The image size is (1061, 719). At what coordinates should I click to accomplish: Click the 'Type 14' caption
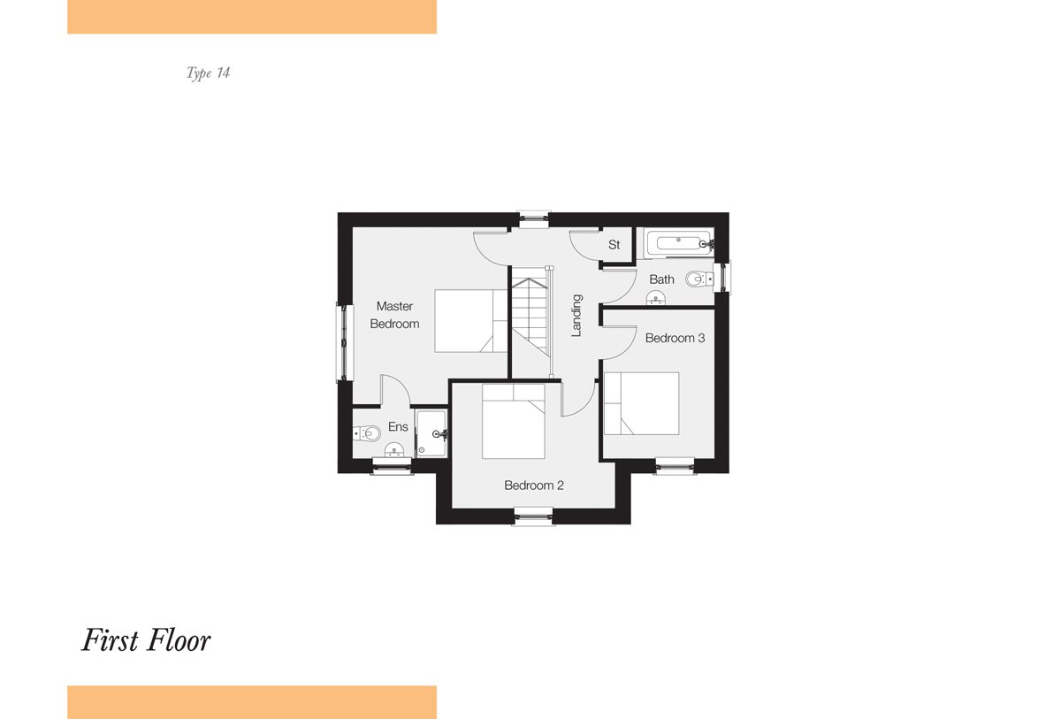pos(208,73)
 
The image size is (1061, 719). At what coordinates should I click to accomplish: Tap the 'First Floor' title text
pos(146,640)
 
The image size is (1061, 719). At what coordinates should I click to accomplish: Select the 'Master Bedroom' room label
pos(394,315)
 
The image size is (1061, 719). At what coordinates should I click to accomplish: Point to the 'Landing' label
pos(576,316)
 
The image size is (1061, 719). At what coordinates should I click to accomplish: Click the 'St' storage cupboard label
pos(614,244)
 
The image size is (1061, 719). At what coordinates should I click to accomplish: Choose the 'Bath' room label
pos(661,279)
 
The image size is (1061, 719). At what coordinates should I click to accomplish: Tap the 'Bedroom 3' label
pos(675,338)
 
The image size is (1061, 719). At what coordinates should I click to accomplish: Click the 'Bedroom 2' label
pos(534,485)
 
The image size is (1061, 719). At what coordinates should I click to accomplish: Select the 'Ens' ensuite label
pos(398,427)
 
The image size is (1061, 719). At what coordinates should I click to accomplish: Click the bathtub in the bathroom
pos(678,243)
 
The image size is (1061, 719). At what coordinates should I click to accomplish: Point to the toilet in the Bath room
pos(699,279)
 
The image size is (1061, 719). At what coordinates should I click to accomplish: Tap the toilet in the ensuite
pos(367,433)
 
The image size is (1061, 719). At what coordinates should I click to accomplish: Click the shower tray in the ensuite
pos(431,434)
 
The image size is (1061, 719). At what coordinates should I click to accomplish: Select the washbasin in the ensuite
pos(393,449)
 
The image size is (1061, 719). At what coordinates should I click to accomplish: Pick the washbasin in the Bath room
pos(656,298)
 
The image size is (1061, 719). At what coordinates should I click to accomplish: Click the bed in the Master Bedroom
pos(470,321)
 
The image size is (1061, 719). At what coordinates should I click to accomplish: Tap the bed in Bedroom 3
pos(641,403)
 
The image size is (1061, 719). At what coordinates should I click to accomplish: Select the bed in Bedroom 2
pos(514,421)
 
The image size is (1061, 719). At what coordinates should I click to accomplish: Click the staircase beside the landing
pos(530,322)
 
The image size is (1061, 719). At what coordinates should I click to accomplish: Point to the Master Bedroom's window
pos(344,342)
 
